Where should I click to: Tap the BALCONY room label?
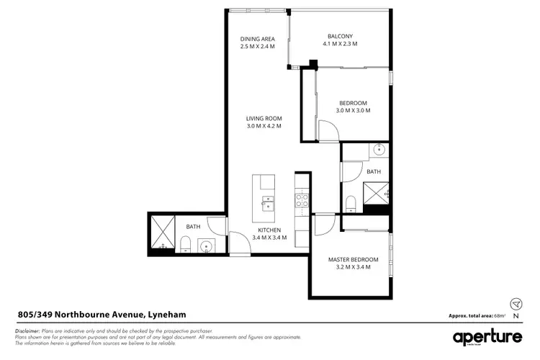pyautogui.click(x=340, y=36)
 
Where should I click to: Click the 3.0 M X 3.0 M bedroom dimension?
pyautogui.click(x=354, y=111)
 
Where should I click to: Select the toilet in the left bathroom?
pyautogui.click(x=186, y=248)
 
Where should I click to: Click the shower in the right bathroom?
pyautogui.click(x=377, y=193)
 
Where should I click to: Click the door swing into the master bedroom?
pyautogui.click(x=322, y=225)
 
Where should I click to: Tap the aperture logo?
pyautogui.click(x=487, y=336)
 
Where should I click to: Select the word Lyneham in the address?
pyautogui.click(x=168, y=314)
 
